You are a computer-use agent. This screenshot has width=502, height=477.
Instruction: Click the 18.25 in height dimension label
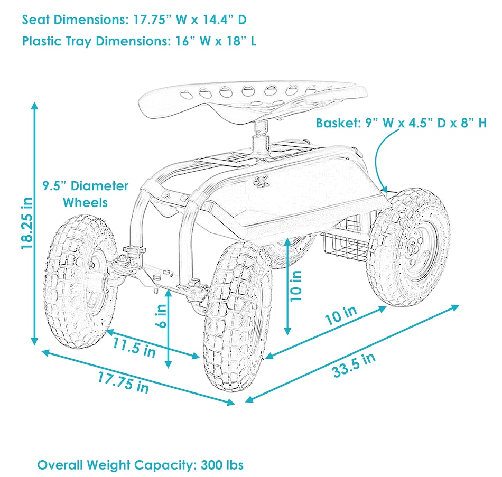[x=27, y=223]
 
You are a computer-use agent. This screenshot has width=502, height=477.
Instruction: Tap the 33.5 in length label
[x=354, y=365]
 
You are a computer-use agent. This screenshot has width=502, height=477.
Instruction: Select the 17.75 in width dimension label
[x=123, y=382]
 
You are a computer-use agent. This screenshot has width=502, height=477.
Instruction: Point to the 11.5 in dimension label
[x=134, y=348]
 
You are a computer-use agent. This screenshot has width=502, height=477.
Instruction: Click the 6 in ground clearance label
[x=161, y=316]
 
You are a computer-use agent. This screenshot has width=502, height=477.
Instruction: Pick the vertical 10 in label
[x=296, y=286]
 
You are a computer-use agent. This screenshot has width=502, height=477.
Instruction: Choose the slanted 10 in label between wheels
[x=341, y=315]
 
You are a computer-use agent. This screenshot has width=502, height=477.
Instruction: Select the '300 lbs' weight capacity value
[x=222, y=465]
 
